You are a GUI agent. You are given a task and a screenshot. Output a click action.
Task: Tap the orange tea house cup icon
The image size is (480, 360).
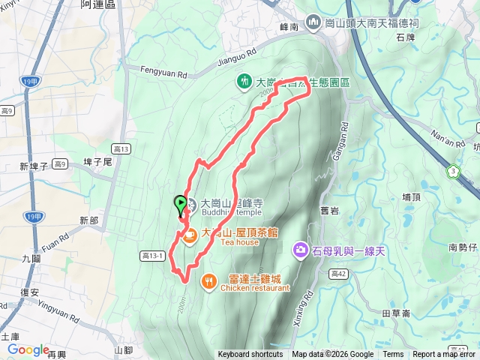pos(190,235)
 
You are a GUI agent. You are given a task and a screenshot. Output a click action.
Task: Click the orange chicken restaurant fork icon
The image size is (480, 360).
pos(208,281)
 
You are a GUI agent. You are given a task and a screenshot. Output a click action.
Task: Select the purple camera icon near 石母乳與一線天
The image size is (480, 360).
pos(301,249)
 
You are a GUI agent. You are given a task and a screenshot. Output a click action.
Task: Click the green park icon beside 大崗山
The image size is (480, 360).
pos(244,80)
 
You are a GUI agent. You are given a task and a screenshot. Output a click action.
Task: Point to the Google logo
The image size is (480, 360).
pos(28,349)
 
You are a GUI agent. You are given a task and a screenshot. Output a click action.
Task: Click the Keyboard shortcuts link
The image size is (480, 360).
pos(250,355)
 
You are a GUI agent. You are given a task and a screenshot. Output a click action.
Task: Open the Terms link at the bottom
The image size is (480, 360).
pos(393,355)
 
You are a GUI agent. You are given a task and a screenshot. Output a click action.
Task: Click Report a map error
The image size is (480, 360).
pos(445,355)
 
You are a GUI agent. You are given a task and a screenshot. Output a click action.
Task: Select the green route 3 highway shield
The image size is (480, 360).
pos(453,172)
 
